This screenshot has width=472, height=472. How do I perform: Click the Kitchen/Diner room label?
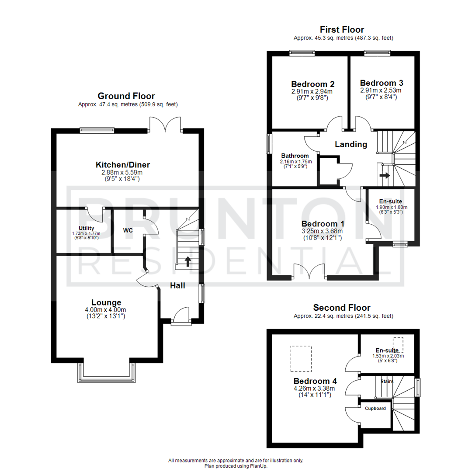tap(123, 165)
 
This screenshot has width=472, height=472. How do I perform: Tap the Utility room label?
tap(87, 228)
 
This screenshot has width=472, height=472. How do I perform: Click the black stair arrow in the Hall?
tap(188, 262)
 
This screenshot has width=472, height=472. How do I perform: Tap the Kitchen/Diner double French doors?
tap(165, 124)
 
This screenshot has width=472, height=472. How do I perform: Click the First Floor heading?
tap(342, 30)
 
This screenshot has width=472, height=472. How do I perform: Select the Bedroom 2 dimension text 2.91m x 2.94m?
tap(312, 92)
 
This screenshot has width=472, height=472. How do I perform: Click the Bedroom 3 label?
tap(381, 82)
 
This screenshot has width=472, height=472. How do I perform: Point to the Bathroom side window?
tap(268, 143)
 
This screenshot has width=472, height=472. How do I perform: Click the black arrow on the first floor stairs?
tap(385, 175)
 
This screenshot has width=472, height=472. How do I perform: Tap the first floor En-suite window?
tap(399, 244)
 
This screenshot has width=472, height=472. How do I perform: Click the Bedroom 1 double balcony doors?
tap(310, 271)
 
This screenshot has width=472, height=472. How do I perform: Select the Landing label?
tap(351, 144)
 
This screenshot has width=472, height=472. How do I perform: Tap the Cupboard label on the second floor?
tap(375, 408)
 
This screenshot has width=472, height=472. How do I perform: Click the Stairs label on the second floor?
tap(387, 381)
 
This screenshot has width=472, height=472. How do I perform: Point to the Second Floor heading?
tap(342, 308)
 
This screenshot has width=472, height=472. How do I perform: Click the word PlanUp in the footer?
tap(258, 466)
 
